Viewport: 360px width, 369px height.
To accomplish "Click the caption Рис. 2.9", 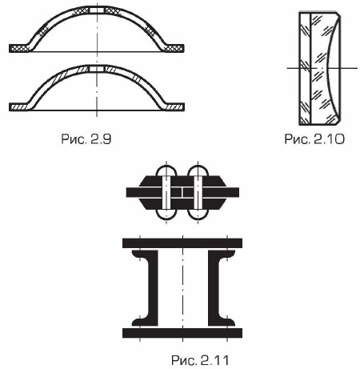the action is tap(86, 139).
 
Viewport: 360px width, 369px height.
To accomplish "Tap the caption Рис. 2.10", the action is tap(314, 139).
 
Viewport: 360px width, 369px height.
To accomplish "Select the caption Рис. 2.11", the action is tap(200, 360).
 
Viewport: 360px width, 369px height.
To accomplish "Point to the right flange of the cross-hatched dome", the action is tap(174, 48).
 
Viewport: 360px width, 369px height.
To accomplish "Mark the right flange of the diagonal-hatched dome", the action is tap(174, 106).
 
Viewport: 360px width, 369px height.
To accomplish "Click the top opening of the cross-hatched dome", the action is tap(97, 10).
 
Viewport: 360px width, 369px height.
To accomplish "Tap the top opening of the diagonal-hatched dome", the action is tap(97, 69).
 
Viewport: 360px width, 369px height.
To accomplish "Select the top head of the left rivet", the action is tap(166, 170).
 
